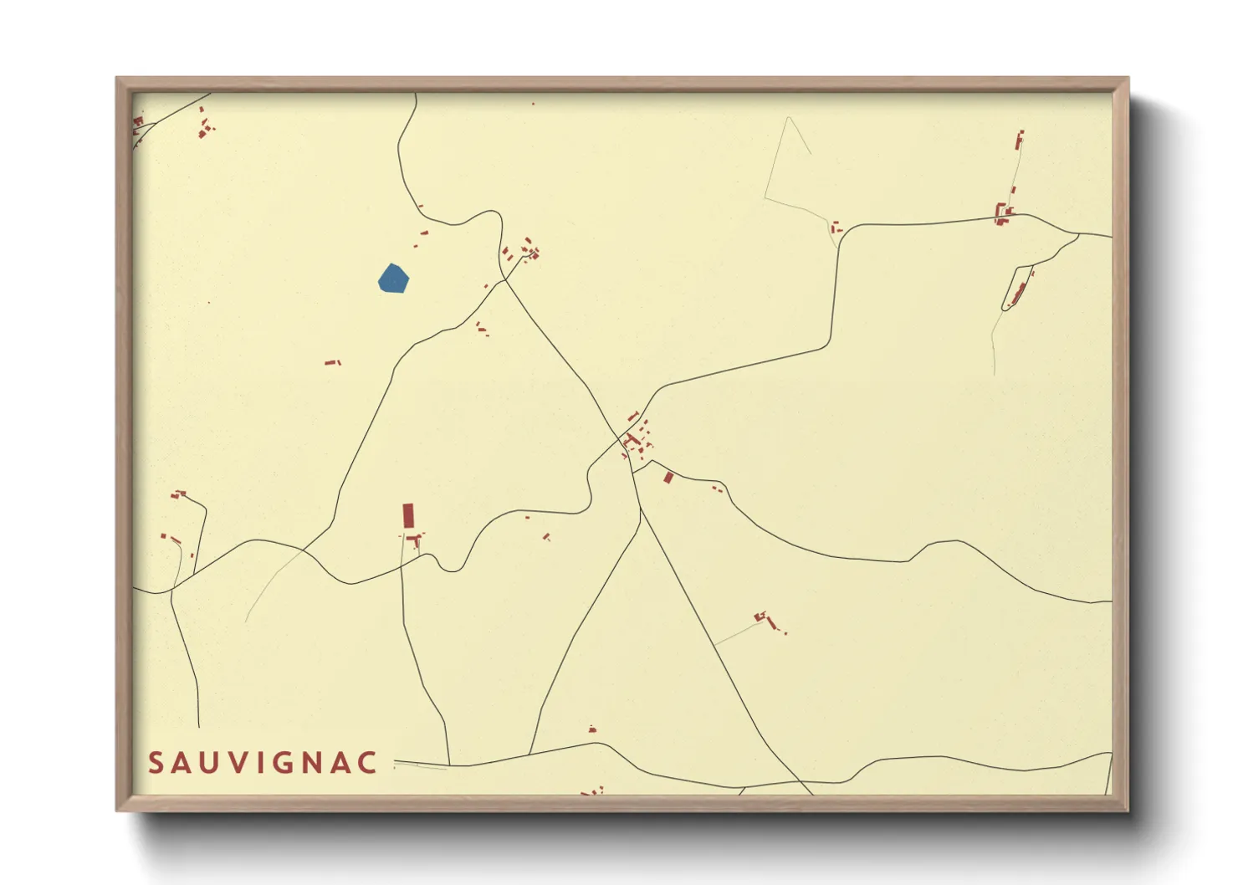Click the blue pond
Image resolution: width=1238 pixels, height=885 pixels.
(x=392, y=279)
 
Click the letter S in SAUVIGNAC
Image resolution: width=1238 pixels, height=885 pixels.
(x=156, y=763)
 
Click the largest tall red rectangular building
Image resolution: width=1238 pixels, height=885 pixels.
(x=408, y=515)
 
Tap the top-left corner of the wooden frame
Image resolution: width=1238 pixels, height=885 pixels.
(x=117, y=79)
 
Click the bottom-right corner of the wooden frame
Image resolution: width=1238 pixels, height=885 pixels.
(x=1128, y=810)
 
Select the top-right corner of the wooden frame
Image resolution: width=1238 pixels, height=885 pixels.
(x=1128, y=79)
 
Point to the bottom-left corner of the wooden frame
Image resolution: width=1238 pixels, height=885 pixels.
(x=117, y=810)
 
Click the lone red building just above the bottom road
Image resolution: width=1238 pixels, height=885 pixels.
(x=592, y=729)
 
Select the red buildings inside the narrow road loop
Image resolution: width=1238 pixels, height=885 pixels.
(x=1018, y=294)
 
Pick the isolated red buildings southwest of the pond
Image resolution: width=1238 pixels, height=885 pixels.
(x=332, y=362)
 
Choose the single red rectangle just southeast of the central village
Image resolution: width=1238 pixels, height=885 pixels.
(x=668, y=478)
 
